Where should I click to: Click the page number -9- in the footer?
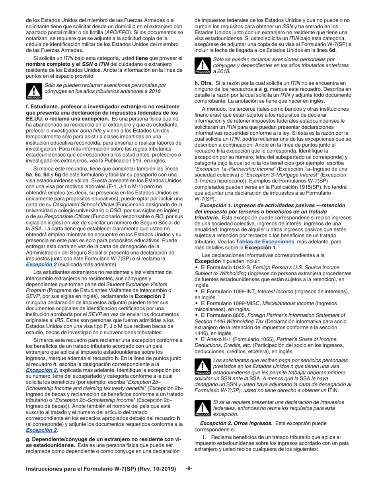(189, 468)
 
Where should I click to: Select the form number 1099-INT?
(243, 292)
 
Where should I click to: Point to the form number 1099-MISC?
(245, 304)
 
